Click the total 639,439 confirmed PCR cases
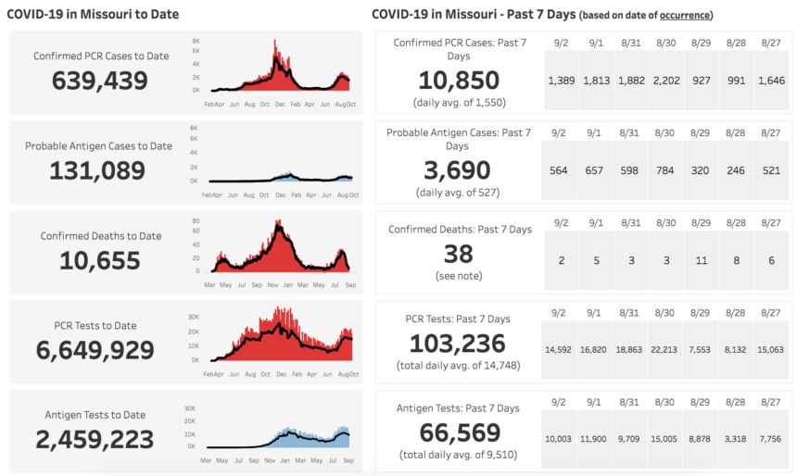tap(99, 81)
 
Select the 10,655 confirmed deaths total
tap(100, 260)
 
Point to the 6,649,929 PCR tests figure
tap(95, 350)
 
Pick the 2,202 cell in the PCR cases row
tap(665, 81)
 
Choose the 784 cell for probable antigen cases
tap(665, 169)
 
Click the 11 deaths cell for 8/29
tap(701, 260)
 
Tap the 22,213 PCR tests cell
tap(665, 350)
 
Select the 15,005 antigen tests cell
tap(665, 439)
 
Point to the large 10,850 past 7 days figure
tap(459, 81)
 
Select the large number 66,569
tap(459, 433)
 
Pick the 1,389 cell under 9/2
tap(561, 81)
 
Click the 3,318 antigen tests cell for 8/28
tap(736, 439)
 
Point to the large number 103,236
tap(459, 344)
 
